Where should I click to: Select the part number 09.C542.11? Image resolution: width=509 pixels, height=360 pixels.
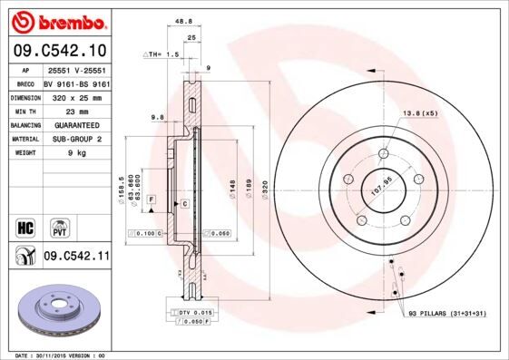tap(76, 258)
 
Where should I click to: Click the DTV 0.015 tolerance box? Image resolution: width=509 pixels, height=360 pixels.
tap(193, 311)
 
